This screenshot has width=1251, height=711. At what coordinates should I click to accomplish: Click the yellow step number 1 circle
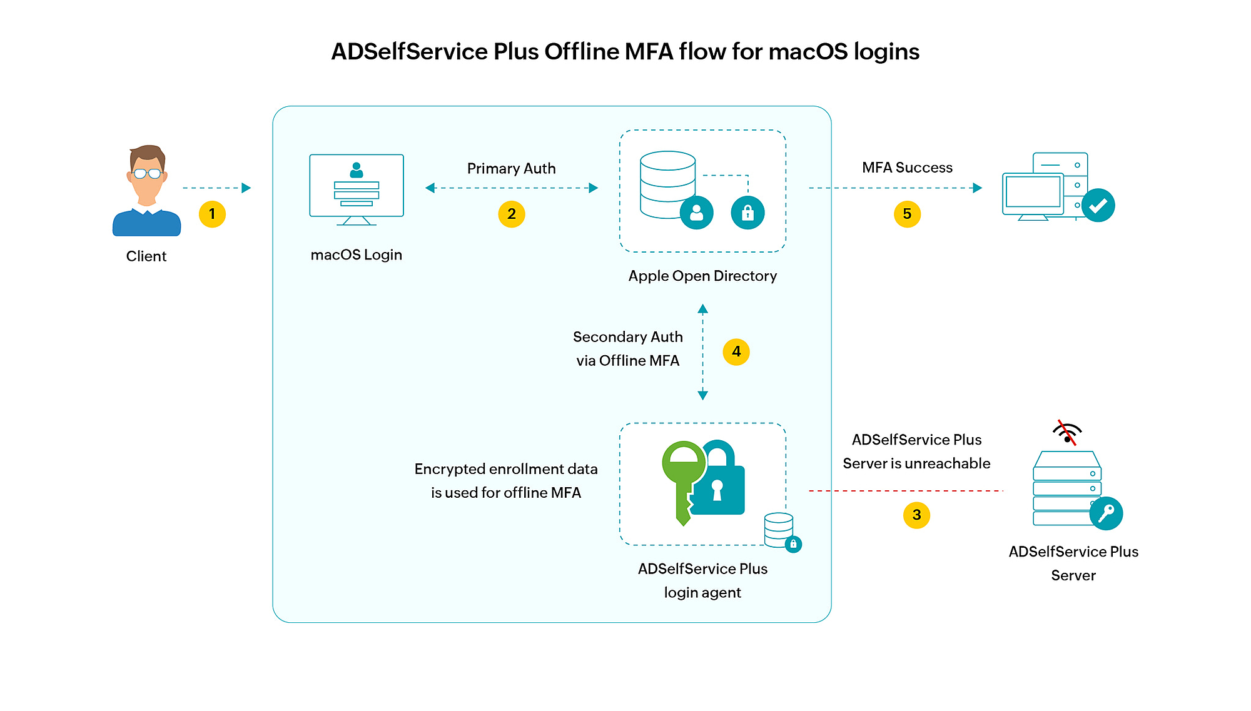tap(212, 214)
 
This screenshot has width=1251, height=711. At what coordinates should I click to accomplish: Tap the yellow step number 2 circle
tap(512, 214)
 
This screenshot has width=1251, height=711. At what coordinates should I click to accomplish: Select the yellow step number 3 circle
tap(916, 515)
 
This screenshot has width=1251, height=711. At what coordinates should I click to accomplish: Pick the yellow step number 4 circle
tap(736, 352)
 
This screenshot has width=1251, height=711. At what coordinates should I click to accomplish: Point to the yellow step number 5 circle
tap(907, 214)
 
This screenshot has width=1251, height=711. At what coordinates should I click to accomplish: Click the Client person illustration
tap(147, 191)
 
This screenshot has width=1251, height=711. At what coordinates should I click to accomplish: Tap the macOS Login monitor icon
tap(357, 189)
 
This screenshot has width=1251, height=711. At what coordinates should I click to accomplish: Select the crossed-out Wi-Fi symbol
tap(1067, 432)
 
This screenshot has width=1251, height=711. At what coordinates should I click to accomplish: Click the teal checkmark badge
tap(1098, 205)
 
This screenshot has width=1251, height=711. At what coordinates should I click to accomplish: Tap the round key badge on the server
tap(1106, 513)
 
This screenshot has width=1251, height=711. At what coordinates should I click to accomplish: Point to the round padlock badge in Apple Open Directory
tap(747, 213)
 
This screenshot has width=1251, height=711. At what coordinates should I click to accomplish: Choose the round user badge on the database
tap(697, 213)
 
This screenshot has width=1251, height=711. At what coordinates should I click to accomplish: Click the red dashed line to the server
tap(906, 491)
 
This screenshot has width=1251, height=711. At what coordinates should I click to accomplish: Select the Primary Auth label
tap(512, 168)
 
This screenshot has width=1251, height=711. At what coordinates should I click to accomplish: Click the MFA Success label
tap(907, 168)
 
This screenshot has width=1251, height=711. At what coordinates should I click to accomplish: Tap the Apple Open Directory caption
tap(702, 276)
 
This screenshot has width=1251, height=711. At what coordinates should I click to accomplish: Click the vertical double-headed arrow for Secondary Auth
tap(702, 352)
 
